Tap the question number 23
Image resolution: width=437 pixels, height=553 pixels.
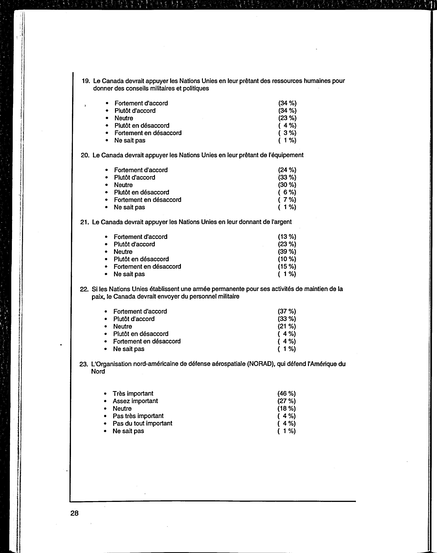point(84,364)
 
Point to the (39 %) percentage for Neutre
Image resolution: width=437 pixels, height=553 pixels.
point(287,252)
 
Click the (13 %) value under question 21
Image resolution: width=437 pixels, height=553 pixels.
point(287,237)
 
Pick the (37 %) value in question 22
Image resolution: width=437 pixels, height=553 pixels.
point(287,311)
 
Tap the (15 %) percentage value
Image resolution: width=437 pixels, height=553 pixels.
point(287,267)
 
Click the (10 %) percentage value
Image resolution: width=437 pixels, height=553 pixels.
point(287,259)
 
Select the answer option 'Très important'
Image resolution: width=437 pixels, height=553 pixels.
point(133,394)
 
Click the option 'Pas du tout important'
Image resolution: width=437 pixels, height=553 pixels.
point(142,423)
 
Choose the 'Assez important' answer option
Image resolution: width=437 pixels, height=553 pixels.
point(135,401)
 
